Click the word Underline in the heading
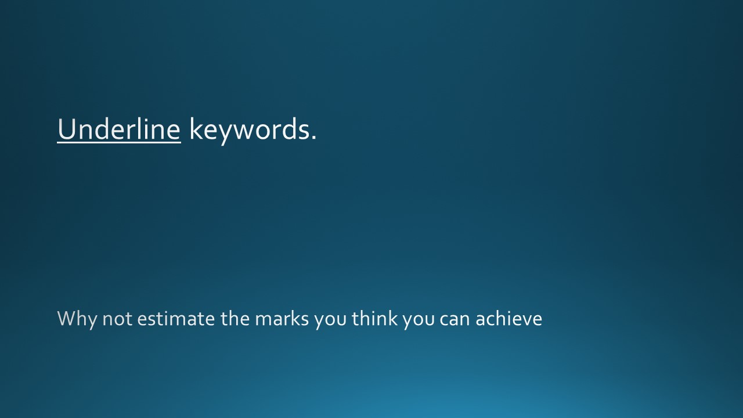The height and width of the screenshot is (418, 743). tap(119, 129)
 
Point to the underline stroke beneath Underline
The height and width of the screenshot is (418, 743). tap(119, 142)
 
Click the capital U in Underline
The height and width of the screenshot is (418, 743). tap(67, 129)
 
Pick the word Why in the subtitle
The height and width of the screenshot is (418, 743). tap(78, 319)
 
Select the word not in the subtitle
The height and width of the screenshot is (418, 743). tap(117, 320)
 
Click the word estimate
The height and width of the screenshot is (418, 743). tap(176, 319)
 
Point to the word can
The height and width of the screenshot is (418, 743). tap(455, 320)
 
